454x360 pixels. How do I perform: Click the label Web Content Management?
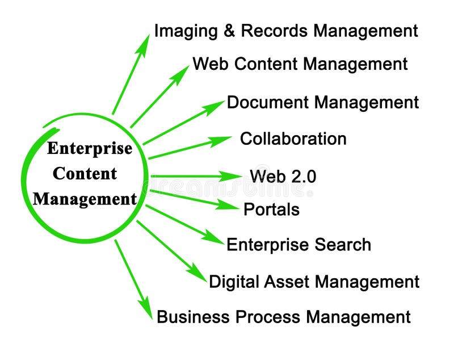tap(300, 64)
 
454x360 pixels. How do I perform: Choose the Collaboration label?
tap(293, 139)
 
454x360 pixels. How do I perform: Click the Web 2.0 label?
tap(283, 176)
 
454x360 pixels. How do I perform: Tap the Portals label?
tap(271, 210)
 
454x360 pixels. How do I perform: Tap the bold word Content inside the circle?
tap(85, 174)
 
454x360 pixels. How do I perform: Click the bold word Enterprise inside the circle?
tap(90, 149)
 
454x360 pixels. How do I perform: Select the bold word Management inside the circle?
tap(85, 199)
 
